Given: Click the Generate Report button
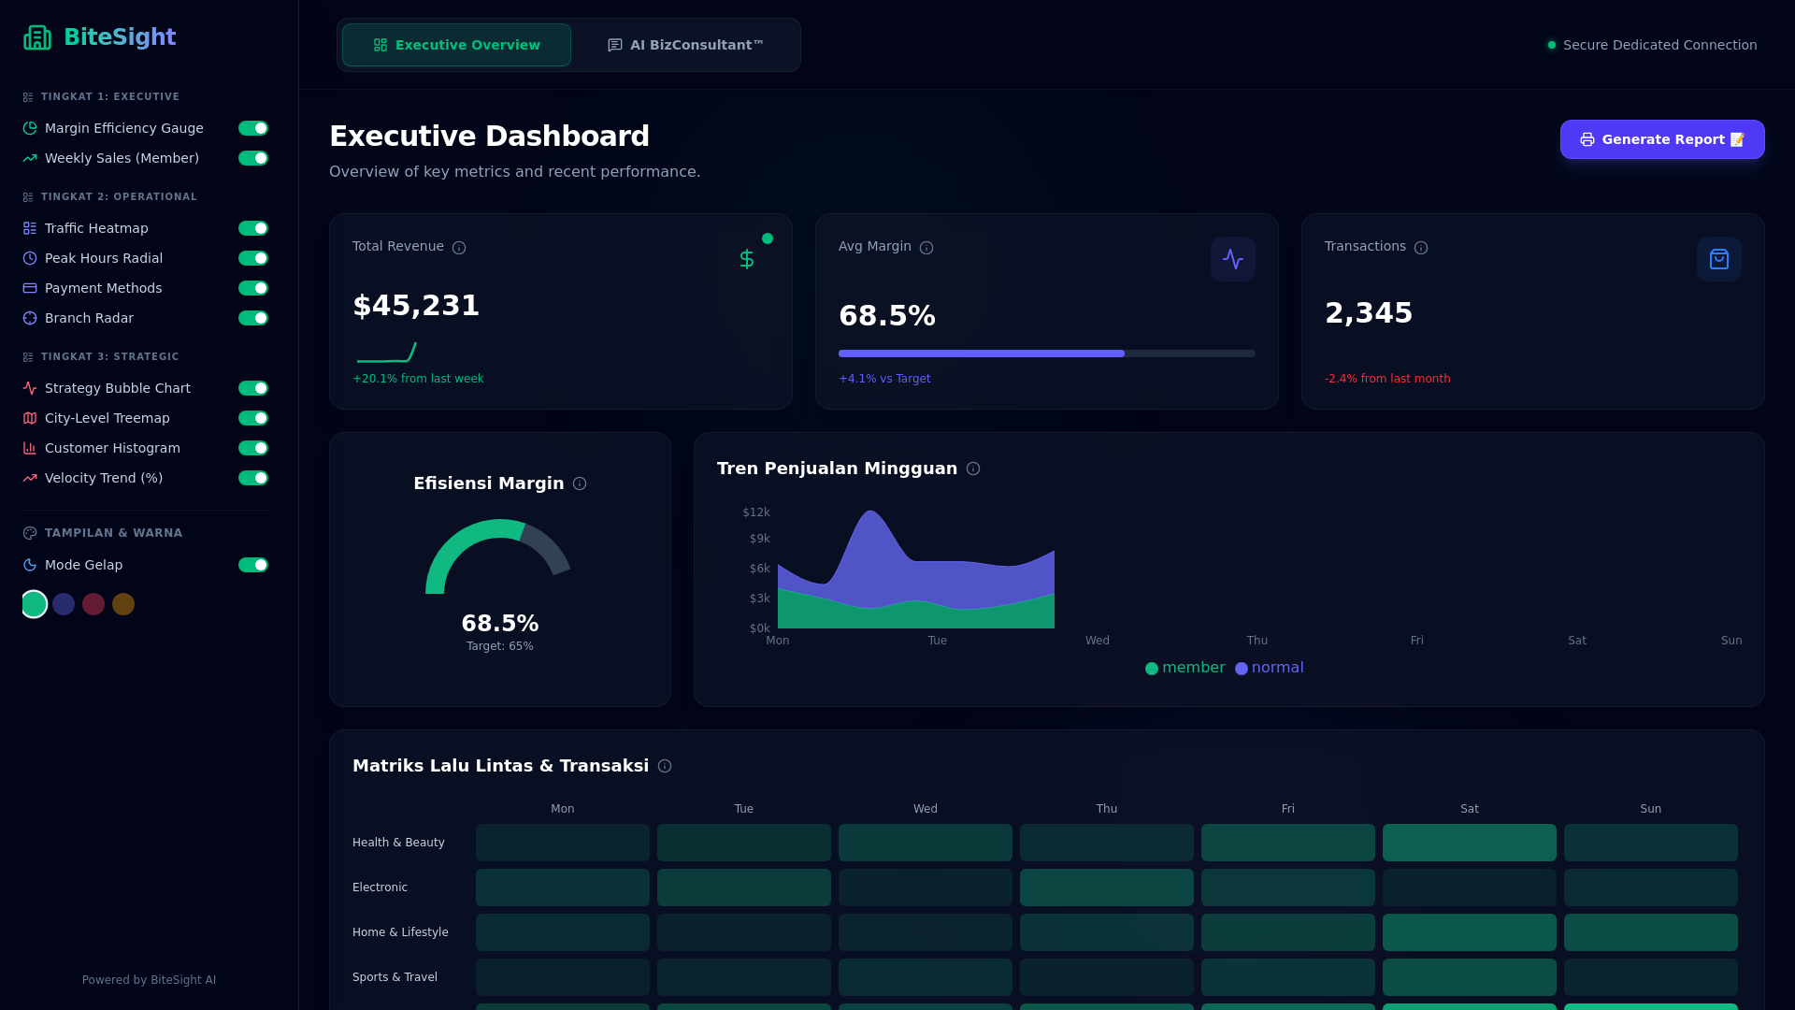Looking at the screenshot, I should [x=1661, y=139].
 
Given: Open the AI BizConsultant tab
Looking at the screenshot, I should [x=685, y=45].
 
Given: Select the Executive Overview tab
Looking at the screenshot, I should [x=456, y=45].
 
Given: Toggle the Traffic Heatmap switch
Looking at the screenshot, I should [x=252, y=228].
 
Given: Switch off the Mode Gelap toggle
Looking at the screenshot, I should [x=252, y=565].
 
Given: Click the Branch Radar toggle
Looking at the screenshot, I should [x=252, y=318].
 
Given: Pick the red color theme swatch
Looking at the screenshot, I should [x=93, y=604].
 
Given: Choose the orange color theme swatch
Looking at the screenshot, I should [x=123, y=604].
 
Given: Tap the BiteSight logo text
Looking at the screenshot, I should [x=119, y=37].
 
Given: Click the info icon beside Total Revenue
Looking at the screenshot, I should [x=459, y=248].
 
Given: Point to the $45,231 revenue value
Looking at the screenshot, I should [x=416, y=306].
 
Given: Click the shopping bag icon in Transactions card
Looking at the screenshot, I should [x=1718, y=259].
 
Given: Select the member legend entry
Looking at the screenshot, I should [x=1185, y=668].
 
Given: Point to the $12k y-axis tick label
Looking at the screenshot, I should [x=755, y=512].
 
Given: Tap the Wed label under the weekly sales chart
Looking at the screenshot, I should [x=1097, y=641].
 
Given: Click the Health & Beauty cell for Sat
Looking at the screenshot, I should [x=1469, y=843].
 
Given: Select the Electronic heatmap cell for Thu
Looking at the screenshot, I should [x=1106, y=887].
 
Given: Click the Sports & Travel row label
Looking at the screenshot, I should [x=395, y=977].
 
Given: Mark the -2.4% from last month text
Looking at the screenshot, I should [x=1386, y=379].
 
